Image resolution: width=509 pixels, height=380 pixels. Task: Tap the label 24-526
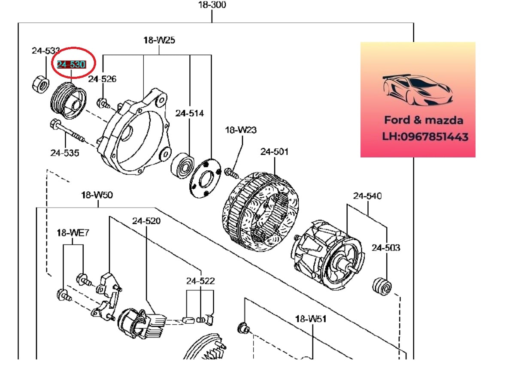point(102,79)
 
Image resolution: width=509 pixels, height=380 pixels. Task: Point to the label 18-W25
point(159,40)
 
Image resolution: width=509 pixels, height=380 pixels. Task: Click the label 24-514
point(189,113)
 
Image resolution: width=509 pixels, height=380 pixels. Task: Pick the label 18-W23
point(241,130)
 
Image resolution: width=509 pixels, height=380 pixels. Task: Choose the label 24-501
point(274,151)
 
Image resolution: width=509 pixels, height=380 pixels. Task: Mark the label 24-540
point(367,196)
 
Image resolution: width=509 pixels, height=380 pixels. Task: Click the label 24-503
point(386,247)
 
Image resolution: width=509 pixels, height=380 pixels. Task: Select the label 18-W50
point(97,195)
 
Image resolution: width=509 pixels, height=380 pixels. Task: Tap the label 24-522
point(200,281)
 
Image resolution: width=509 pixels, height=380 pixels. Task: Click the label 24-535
point(65,152)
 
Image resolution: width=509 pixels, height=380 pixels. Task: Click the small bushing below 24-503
point(382,287)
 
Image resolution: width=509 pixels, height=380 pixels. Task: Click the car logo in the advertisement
point(417,90)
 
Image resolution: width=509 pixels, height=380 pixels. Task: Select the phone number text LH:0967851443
point(425,137)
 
